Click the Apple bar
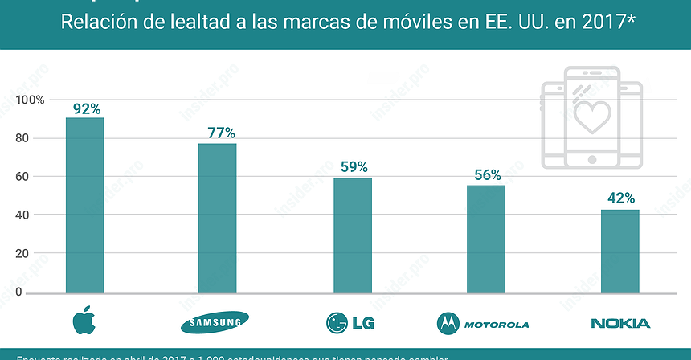(x=84, y=205)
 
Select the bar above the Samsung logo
(x=218, y=218)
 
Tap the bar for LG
(x=353, y=235)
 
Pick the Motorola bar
(x=486, y=239)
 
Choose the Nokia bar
(x=620, y=251)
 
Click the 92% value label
(x=86, y=108)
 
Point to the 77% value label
(x=218, y=133)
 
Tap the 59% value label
(x=353, y=167)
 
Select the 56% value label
(x=486, y=174)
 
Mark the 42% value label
(x=620, y=198)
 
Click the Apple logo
(x=84, y=321)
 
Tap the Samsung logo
(x=215, y=323)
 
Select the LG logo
(x=350, y=324)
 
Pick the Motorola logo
(x=483, y=324)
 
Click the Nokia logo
(x=619, y=324)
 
